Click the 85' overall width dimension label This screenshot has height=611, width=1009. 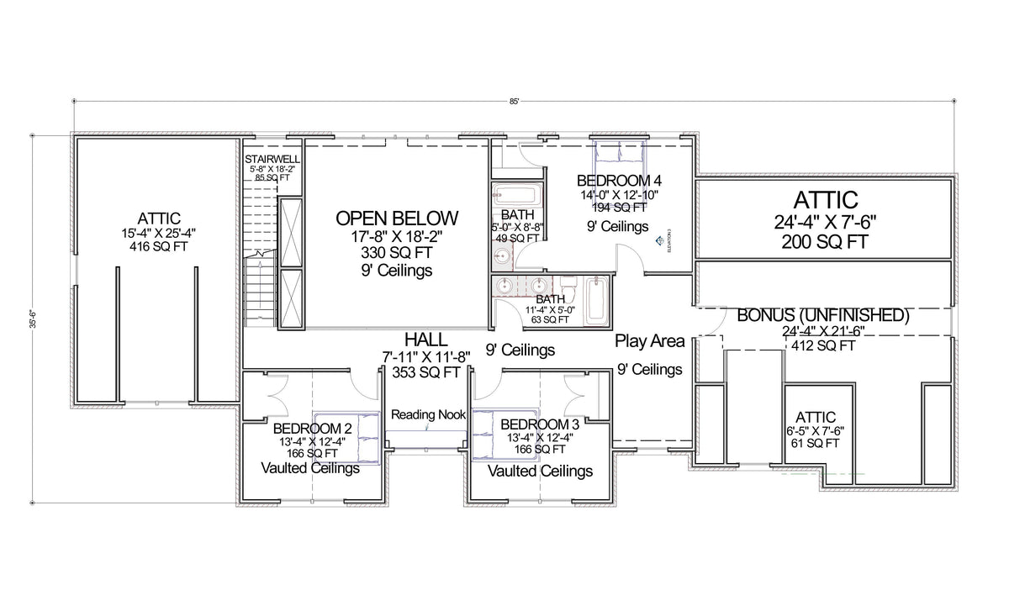tap(514, 101)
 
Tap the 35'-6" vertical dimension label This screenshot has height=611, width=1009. tap(34, 319)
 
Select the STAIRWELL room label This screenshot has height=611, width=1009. tap(272, 159)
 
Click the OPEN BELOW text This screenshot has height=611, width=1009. tap(397, 218)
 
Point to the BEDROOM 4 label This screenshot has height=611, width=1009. tap(619, 181)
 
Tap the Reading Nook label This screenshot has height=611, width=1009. tap(428, 414)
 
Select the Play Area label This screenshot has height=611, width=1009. tap(649, 341)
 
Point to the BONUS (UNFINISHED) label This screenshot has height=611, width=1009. tap(824, 316)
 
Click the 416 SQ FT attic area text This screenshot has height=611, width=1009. tap(156, 247)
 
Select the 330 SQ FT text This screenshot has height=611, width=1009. tap(397, 253)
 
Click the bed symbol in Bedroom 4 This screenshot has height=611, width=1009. tap(620, 155)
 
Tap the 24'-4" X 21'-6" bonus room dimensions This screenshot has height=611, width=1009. tap(824, 331)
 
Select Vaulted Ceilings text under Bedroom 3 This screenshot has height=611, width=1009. tap(540, 471)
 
